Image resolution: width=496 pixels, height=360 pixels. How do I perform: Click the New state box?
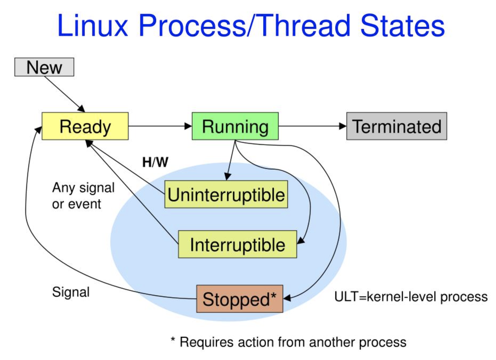(x=44, y=67)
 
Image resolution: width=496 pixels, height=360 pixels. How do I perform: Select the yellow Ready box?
(x=85, y=126)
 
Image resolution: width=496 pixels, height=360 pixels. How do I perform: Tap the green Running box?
(x=235, y=126)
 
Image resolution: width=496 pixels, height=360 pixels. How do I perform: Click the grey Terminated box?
(x=396, y=126)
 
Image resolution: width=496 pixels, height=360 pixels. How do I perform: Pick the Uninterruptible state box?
(x=226, y=195)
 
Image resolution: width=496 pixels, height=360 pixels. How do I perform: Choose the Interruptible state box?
(x=237, y=245)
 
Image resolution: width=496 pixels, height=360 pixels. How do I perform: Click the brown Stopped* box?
(x=239, y=299)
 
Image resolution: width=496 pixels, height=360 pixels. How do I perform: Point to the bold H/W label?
(x=155, y=162)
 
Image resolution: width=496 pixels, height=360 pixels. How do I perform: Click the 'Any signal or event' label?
(x=83, y=196)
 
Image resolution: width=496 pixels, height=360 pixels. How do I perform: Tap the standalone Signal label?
(x=71, y=292)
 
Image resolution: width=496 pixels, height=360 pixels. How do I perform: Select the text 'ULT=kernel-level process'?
(x=411, y=296)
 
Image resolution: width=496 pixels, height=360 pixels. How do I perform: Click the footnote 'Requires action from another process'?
(x=292, y=342)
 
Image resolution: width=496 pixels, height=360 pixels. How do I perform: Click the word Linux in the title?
(x=92, y=26)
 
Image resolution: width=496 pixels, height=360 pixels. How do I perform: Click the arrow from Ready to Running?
(x=160, y=126)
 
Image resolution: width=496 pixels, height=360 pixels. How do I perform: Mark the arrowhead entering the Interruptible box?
(x=301, y=240)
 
